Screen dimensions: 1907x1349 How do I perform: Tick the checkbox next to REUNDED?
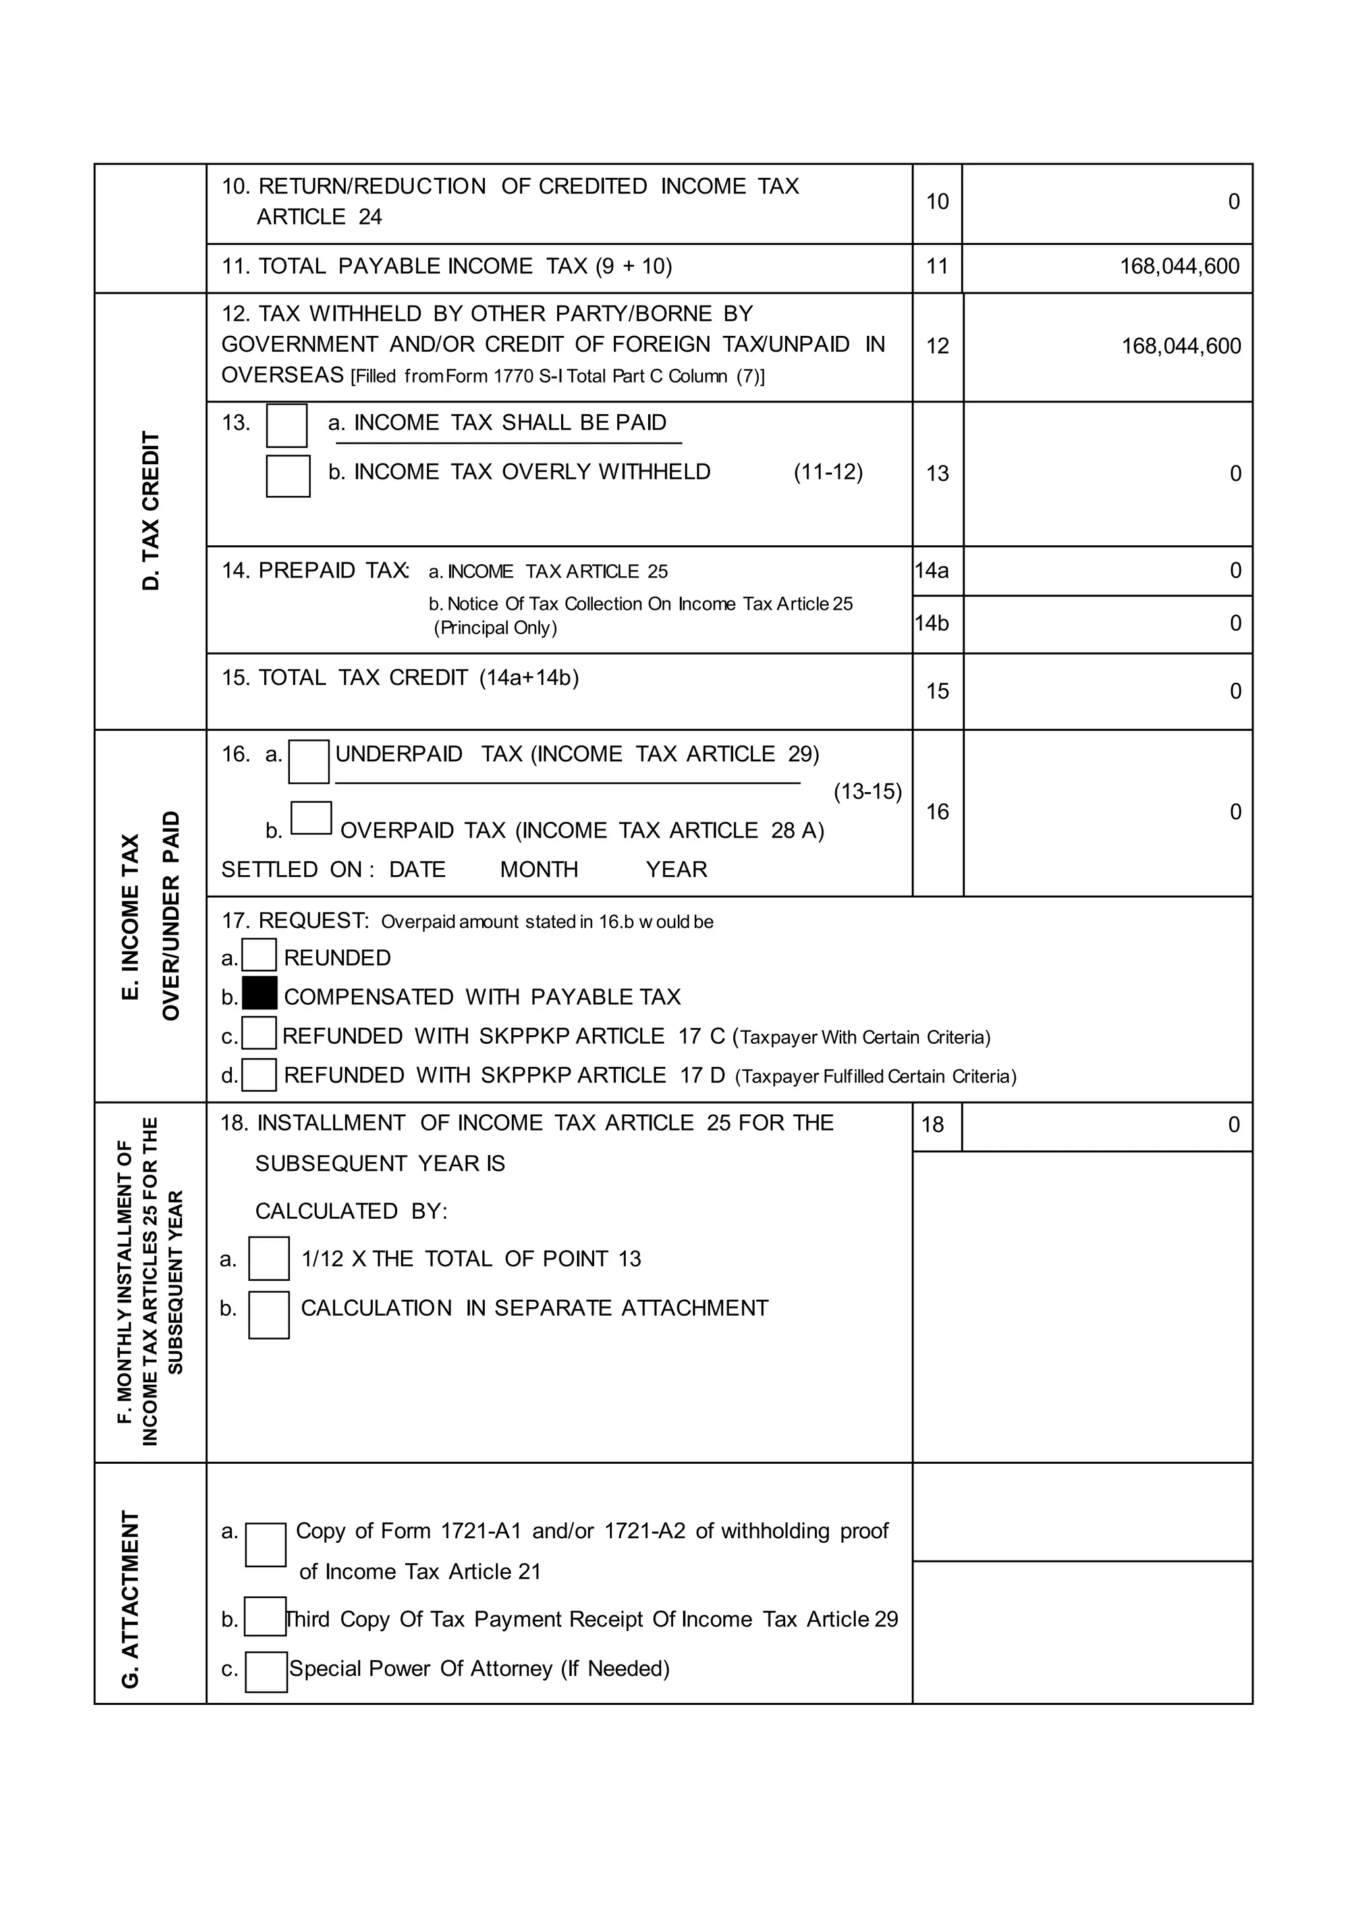(259, 955)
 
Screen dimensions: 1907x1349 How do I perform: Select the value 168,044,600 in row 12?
(1180, 346)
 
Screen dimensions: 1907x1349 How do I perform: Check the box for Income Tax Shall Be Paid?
(287, 425)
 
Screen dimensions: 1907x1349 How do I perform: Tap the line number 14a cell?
(932, 571)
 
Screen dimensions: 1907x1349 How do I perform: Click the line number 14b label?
(932, 623)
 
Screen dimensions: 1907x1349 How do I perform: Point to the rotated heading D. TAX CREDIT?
(150, 511)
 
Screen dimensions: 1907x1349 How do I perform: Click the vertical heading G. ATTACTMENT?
(130, 1599)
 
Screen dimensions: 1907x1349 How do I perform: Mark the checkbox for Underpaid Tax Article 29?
(309, 762)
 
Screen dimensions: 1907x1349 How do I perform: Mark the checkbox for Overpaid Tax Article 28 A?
(312, 818)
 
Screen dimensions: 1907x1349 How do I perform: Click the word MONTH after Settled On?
(538, 870)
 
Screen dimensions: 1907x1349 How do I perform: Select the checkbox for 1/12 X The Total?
(269, 1258)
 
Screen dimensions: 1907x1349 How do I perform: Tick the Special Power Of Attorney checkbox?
(267, 1673)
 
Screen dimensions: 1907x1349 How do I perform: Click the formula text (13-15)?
(867, 792)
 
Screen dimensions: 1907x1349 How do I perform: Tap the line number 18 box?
(933, 1125)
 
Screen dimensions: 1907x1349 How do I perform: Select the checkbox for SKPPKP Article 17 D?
(259, 1075)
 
